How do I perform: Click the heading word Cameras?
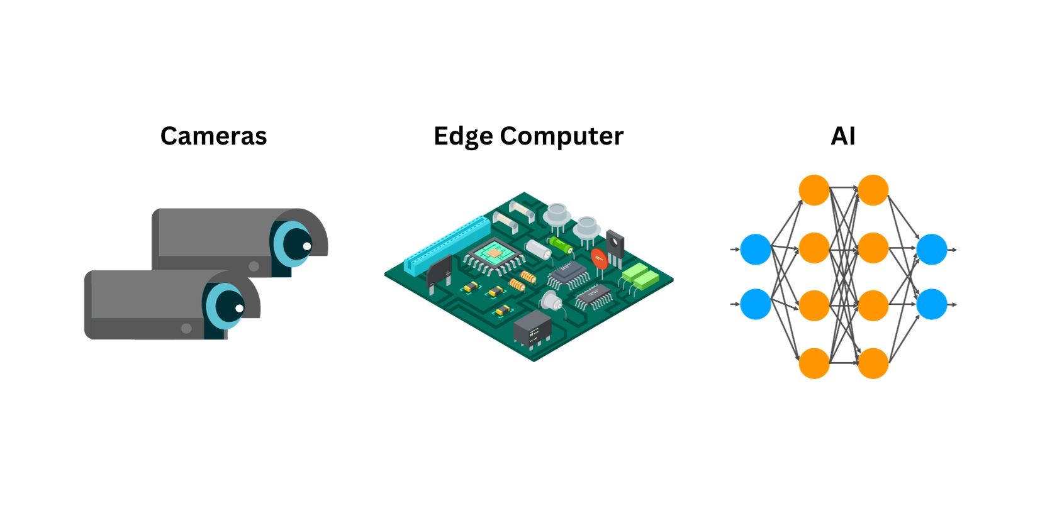[x=213, y=136]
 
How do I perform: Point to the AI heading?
[x=843, y=136]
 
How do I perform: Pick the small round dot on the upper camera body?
[x=254, y=266]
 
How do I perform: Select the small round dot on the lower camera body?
[x=186, y=328]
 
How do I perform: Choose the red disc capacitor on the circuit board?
[x=599, y=258]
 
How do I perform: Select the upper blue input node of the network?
[x=756, y=250]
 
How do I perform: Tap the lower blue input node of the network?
[x=756, y=304]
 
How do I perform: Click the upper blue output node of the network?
[x=932, y=250]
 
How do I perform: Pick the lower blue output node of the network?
[x=932, y=304]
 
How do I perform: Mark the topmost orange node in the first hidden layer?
[x=814, y=190]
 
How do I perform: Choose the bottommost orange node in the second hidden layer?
[x=873, y=363]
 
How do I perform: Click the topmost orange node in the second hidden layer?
[x=873, y=190]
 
